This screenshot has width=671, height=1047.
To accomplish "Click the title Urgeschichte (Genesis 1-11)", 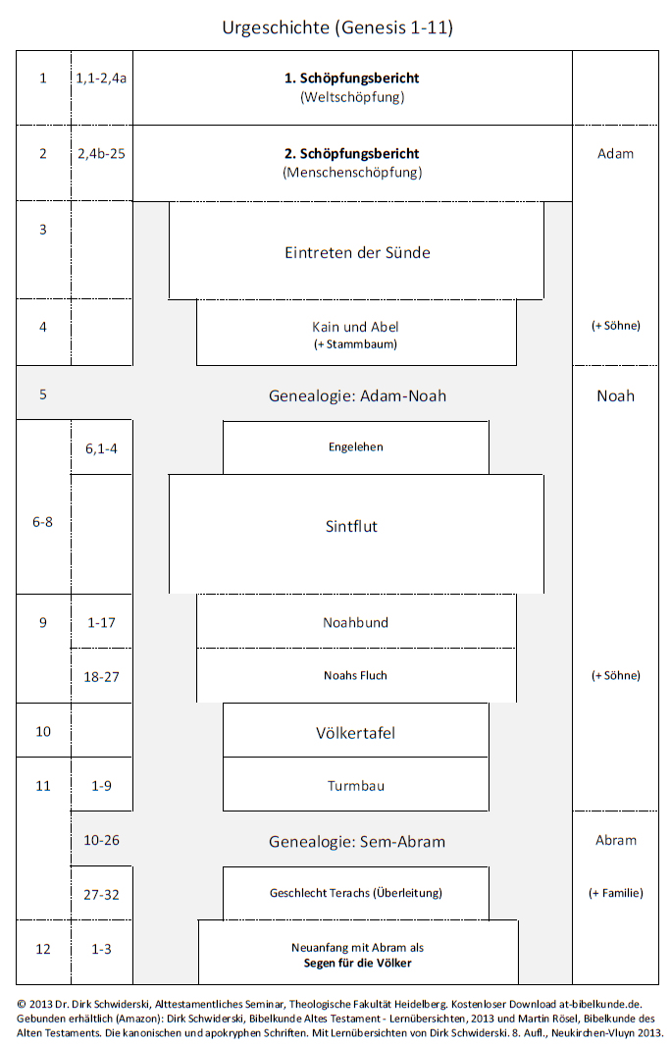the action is [337, 27].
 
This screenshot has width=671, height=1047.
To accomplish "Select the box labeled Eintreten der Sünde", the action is [356, 250].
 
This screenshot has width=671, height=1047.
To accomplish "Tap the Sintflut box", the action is [356, 534].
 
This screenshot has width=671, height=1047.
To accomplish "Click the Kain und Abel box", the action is [356, 333].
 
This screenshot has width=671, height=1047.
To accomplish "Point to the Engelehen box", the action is [356, 447].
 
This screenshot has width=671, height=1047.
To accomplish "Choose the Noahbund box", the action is [356, 621].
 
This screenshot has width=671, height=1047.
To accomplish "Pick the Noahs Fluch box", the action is [356, 675].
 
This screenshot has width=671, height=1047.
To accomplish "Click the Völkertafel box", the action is [356, 730].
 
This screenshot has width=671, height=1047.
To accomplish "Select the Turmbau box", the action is [356, 784].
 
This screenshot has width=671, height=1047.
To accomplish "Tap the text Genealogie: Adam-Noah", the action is [357, 396].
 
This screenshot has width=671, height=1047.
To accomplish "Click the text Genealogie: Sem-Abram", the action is [357, 841].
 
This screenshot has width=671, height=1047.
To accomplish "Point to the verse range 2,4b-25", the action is [101, 154].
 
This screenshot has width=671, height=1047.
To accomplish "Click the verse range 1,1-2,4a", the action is [101, 79].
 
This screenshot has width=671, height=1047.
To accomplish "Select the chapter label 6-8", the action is [43, 522].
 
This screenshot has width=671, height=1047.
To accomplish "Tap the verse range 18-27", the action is [101, 677].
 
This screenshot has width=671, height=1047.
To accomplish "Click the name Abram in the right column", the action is [616, 840].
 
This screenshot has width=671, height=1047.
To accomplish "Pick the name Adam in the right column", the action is [616, 154].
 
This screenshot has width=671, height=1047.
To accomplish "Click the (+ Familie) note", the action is [616, 893].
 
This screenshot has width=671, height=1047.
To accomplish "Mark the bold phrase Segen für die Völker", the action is [357, 963].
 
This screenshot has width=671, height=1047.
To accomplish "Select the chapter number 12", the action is [43, 949].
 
